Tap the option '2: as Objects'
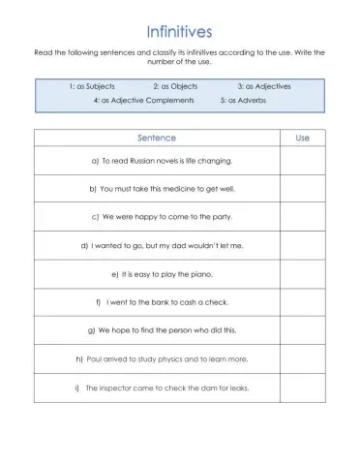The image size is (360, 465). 175,86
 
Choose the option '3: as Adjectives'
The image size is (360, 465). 264,86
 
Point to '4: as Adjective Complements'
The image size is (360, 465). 143,101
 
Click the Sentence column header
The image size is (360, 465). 157,139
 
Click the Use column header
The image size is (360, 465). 302,139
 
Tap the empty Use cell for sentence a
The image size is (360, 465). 302,161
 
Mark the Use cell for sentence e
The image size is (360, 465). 302,274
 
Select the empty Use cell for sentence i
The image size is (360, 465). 302,387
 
